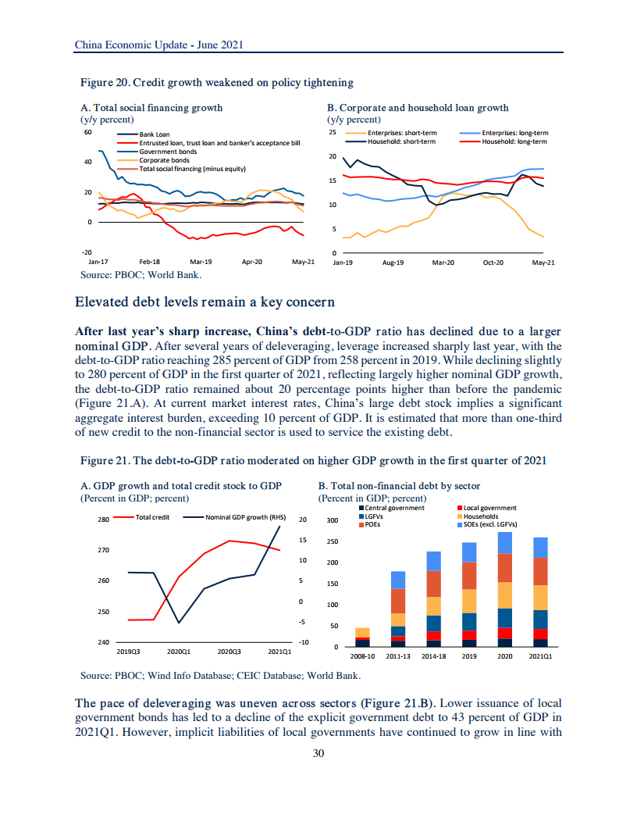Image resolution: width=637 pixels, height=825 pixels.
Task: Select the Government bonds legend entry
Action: pos(166,152)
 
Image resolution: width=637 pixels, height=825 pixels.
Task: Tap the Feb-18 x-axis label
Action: pos(149,262)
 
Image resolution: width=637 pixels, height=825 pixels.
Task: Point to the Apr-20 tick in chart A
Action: pos(252,262)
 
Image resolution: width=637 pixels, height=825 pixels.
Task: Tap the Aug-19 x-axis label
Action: pos(393,263)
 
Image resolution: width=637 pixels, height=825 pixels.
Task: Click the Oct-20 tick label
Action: pos(493,263)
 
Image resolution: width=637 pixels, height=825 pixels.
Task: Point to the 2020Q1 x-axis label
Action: pos(180,650)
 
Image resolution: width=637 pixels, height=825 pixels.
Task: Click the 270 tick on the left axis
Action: pos(103,550)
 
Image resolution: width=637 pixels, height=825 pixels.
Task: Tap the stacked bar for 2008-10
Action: pos(362,637)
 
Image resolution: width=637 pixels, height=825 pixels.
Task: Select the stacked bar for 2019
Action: pos(469,595)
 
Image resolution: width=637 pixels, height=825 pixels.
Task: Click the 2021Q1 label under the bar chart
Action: pos(540,657)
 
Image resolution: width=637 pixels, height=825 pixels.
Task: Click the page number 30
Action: pos(318,753)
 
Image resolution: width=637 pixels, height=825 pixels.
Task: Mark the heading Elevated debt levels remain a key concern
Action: pos(205,302)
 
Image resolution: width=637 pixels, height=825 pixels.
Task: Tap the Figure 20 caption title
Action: pos(217,82)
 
